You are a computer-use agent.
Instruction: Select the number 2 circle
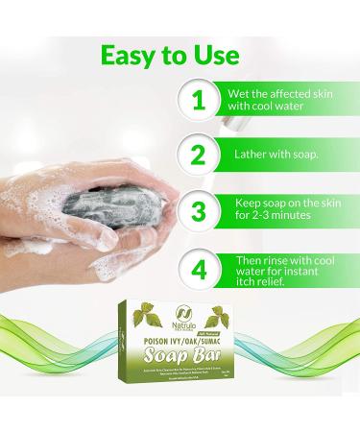click(198, 156)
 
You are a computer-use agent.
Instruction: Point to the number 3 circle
click(198, 211)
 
